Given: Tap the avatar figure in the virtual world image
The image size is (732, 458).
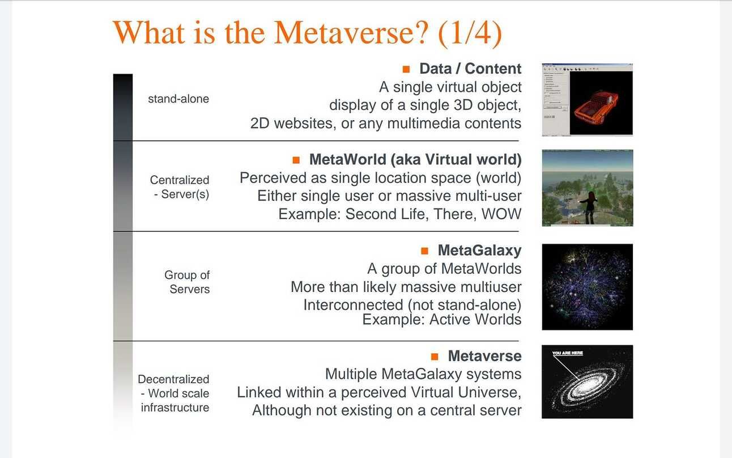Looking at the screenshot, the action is (590, 207).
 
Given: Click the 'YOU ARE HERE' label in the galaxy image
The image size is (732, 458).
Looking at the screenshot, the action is (568, 353).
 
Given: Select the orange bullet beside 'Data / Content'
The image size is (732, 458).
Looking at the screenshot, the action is (406, 69).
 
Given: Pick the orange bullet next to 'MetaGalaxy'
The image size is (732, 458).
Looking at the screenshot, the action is (424, 251).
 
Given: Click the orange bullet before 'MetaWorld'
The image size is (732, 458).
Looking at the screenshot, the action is (296, 160).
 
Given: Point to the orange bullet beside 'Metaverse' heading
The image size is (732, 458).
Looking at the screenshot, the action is (435, 357).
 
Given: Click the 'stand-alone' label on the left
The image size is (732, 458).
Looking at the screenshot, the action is (178, 99).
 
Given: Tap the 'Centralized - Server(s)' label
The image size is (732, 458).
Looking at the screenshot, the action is (180, 187).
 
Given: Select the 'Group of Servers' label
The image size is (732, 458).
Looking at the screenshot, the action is (187, 282).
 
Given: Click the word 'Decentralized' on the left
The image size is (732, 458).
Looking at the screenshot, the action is (173, 379).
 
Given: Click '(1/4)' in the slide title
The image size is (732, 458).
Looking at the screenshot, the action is (470, 33).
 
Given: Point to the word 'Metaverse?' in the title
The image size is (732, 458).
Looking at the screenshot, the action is (351, 32).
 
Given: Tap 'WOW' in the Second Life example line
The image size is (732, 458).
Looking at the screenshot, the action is (501, 214).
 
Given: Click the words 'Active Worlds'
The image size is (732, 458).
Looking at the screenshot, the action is (475, 319).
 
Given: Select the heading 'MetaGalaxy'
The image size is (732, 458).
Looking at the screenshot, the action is (480, 251).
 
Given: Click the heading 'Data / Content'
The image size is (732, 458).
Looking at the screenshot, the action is (471, 69).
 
